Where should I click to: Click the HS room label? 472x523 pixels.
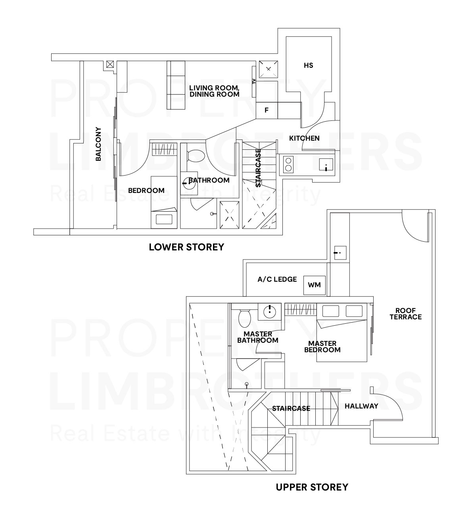tap(308, 65)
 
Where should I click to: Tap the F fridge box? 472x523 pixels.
tap(267, 111)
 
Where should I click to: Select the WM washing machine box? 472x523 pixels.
tap(315, 285)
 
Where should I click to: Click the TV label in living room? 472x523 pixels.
tap(254, 82)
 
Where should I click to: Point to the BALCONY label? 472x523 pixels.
tap(98, 144)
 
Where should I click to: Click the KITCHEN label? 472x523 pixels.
tap(304, 138)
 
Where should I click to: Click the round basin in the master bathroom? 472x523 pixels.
tap(269, 311)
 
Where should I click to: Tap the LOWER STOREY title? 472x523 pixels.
tap(186, 247)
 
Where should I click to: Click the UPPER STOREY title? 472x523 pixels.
tap(312, 487)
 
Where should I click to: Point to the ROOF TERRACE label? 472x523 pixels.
tap(405, 314)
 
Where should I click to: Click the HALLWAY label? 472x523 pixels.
tap(361, 406)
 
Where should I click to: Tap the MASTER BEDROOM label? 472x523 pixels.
tap(322, 347)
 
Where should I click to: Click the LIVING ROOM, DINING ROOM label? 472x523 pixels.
tap(214, 91)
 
